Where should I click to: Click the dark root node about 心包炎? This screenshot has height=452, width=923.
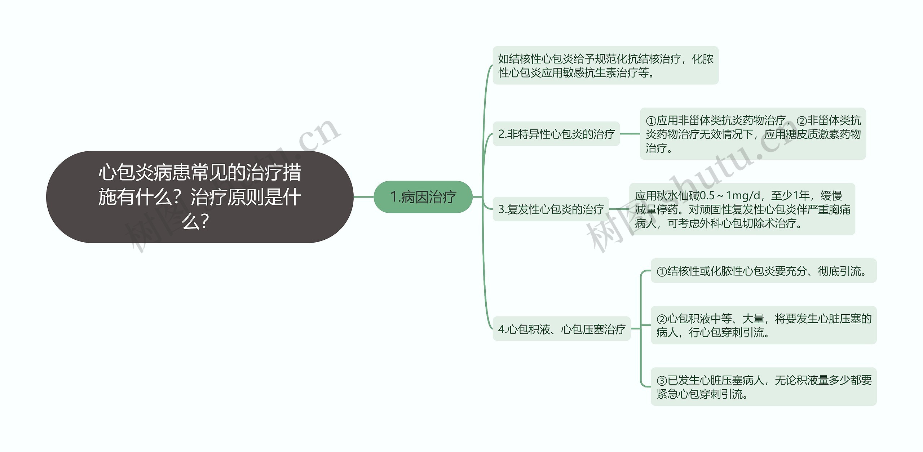tap(199, 197)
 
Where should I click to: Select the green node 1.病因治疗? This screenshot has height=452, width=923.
tap(423, 197)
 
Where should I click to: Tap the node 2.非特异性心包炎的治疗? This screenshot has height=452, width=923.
tap(556, 134)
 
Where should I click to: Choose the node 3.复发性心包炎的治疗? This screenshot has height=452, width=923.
tap(551, 209)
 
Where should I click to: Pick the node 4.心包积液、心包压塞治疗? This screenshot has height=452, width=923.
tap(561, 329)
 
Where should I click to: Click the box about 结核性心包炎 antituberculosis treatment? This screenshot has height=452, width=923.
tap(605, 66)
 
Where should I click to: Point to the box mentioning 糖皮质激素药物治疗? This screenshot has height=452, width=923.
tap(752, 134)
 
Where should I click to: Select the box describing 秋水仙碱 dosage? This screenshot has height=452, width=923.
tap(742, 209)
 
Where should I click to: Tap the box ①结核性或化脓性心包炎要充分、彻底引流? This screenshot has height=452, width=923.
tap(763, 271)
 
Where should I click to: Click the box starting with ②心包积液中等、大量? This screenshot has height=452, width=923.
tap(763, 325)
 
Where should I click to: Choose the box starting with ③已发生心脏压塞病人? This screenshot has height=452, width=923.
tap(763, 387)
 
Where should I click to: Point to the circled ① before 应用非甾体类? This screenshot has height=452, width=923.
tap(651, 121)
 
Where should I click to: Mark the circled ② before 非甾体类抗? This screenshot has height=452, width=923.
tap(801, 121)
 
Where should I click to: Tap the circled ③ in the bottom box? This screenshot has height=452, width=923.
tap(662, 381)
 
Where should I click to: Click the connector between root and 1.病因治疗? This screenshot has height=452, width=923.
tap(363, 197)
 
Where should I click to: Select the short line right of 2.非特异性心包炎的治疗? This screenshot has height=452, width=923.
tap(630, 134)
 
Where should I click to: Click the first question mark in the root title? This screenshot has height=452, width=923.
tap(177, 198)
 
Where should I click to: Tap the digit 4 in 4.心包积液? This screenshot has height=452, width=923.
tap(501, 329)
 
